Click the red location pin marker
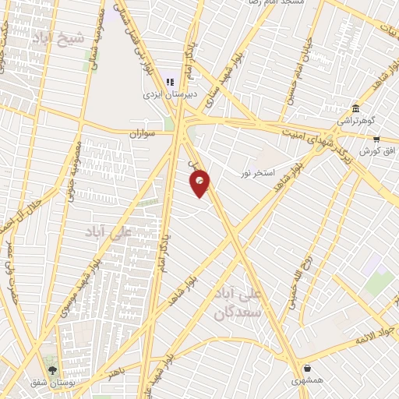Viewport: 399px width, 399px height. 200,183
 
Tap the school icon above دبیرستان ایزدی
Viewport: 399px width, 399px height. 171,82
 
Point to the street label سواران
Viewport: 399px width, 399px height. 144,134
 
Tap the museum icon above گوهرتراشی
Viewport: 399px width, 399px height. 355,108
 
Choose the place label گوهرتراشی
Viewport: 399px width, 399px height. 355,121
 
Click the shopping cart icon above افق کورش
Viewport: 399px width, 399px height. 376,138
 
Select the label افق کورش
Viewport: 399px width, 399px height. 379,150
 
